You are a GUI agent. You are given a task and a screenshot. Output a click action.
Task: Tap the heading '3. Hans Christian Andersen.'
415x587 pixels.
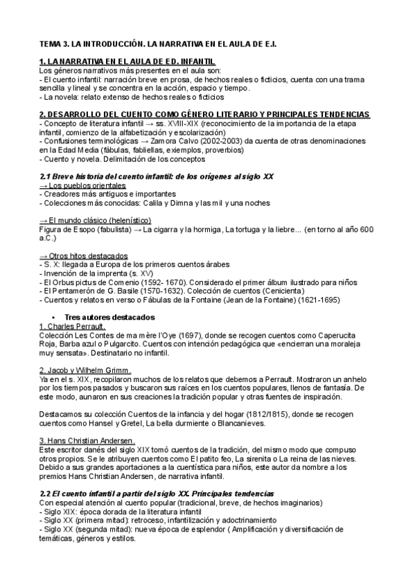[x=87, y=441]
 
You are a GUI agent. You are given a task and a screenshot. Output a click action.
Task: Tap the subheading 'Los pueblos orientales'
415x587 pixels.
[x=87, y=186]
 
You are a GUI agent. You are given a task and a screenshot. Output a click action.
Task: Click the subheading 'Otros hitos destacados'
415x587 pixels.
[x=88, y=255]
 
